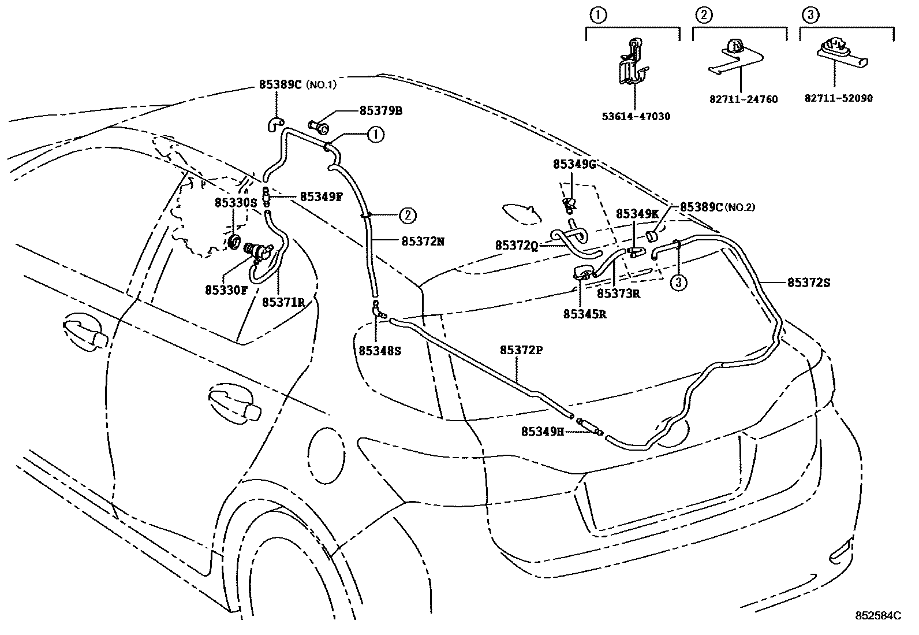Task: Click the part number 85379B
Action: point(380,110)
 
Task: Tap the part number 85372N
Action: point(423,242)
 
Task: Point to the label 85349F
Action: point(322,196)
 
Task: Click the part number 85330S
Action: point(235,203)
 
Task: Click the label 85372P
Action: point(521,350)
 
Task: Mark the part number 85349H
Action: point(542,431)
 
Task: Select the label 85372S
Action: point(809,283)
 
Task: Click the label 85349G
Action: point(574,164)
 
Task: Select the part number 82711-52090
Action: point(839,98)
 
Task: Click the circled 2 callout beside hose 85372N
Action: point(407,216)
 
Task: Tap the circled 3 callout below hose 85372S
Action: point(679,283)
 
